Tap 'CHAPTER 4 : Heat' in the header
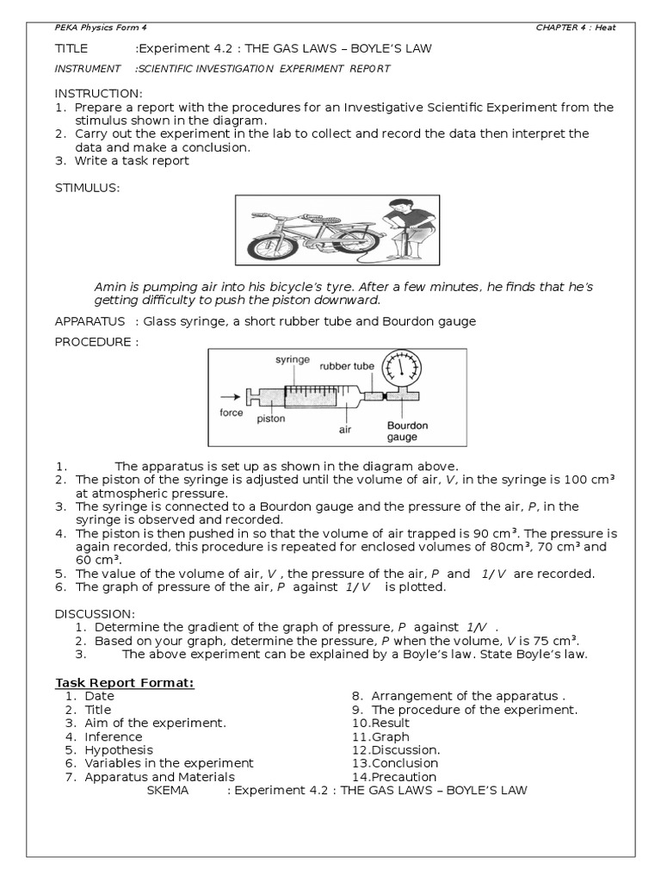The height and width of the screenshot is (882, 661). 575,28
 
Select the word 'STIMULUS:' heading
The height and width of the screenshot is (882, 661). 88,187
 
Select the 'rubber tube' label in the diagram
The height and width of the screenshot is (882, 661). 347,366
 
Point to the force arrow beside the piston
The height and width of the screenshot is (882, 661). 225,397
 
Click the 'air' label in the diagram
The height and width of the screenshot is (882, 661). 345,427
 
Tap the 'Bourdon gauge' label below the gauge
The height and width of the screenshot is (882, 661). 407,431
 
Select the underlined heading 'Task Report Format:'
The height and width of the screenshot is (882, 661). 125,683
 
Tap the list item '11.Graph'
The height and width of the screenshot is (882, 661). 380,736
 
